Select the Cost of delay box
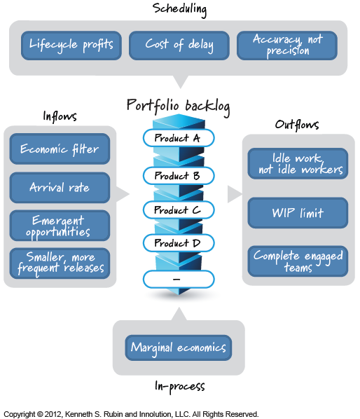[179, 45]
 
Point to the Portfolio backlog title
[178, 105]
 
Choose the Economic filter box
[60, 149]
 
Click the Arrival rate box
[60, 188]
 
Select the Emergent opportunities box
[60, 226]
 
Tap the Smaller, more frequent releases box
[60, 263]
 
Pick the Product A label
[178, 138]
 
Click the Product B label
[178, 175]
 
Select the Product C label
[178, 209]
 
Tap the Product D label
[178, 244]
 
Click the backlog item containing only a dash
[178, 279]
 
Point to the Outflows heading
[297, 125]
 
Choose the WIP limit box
[298, 212]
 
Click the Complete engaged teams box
[298, 261]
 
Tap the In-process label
[179, 386]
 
